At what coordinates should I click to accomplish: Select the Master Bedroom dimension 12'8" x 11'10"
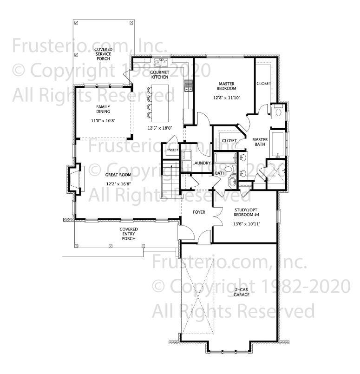tap(227, 98)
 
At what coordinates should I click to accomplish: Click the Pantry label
tap(172, 150)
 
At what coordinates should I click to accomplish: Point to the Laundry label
tap(202, 163)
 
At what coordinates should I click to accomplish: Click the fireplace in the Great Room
tap(74, 178)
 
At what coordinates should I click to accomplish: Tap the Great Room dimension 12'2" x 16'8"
tap(118, 184)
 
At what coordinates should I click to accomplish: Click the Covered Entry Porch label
tap(128, 234)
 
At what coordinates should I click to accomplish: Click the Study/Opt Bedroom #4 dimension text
tap(246, 223)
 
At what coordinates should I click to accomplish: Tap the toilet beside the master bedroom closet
tap(278, 112)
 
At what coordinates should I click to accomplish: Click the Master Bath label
tap(259, 142)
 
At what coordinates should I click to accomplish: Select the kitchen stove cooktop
tap(189, 85)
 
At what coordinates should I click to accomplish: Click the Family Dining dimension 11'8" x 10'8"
tap(103, 120)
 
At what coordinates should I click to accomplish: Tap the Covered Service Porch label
tap(103, 53)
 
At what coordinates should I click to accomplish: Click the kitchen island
tap(160, 100)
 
